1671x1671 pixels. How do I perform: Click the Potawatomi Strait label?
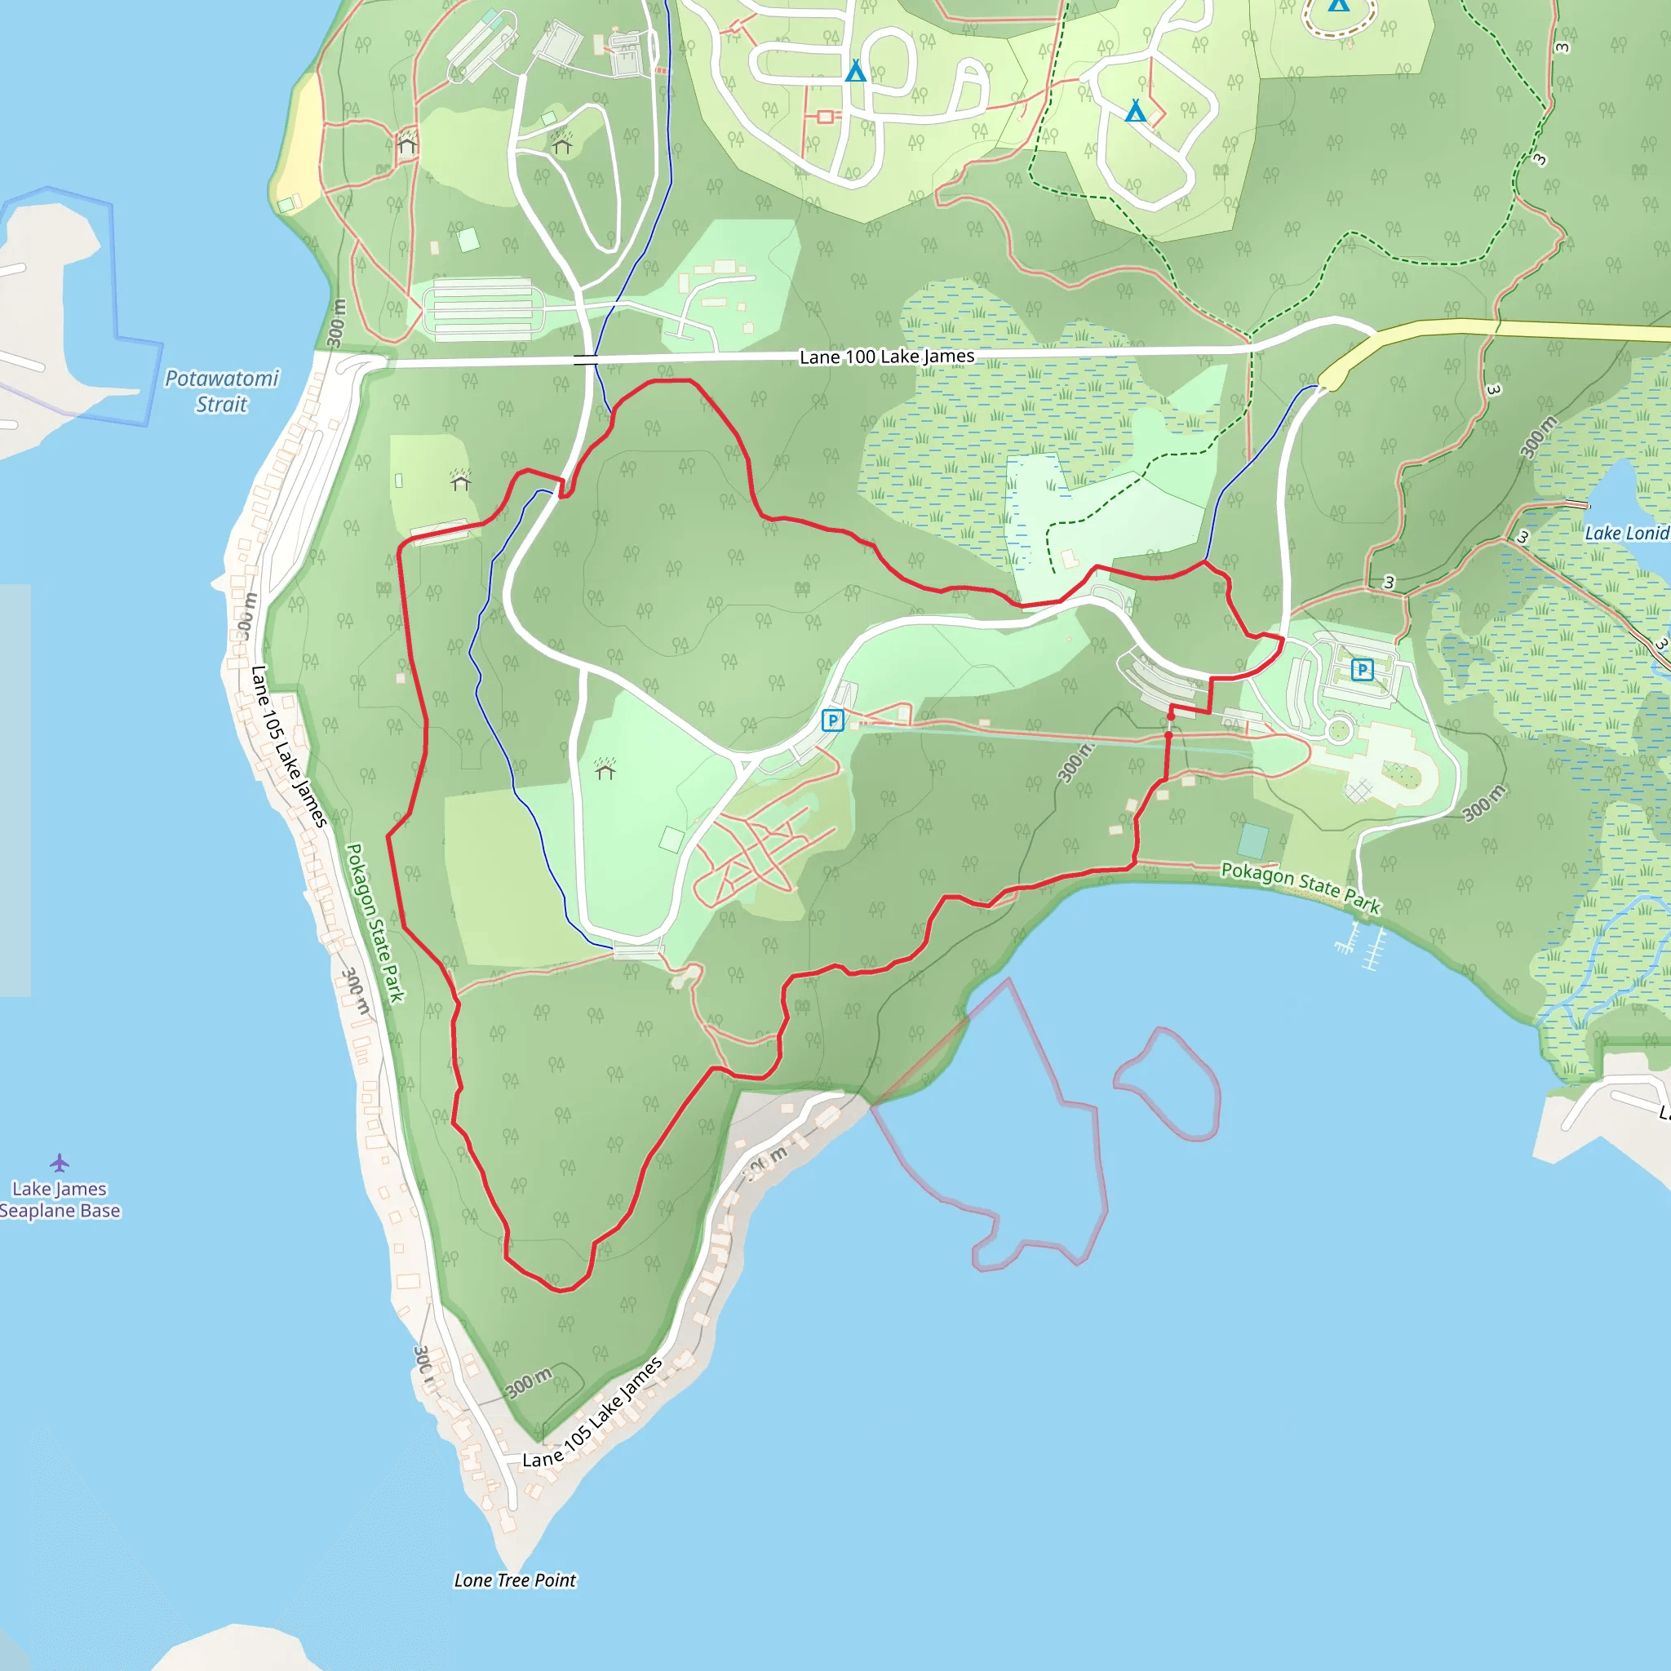tap(221, 391)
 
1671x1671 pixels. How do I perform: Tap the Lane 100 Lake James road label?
tap(887, 357)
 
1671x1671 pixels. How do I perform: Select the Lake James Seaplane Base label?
tap(59, 1199)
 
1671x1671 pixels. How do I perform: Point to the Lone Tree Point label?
tap(515, 1580)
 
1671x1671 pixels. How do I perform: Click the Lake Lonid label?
tap(1626, 533)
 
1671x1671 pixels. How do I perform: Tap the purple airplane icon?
tap(59, 1162)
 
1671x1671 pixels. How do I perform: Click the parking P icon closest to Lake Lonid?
tap(1362, 668)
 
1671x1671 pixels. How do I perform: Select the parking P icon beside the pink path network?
tap(832, 720)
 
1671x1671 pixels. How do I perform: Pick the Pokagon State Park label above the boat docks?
tap(1300, 888)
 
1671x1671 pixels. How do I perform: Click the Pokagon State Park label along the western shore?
tap(375, 923)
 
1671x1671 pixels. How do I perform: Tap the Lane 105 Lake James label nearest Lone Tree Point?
tap(593, 1412)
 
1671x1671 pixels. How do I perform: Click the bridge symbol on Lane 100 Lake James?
tap(586, 359)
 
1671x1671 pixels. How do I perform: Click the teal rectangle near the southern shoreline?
tap(1252, 840)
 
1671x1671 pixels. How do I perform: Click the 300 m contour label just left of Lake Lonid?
tap(1539, 437)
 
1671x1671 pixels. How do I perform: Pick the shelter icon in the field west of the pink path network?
tap(605, 768)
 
